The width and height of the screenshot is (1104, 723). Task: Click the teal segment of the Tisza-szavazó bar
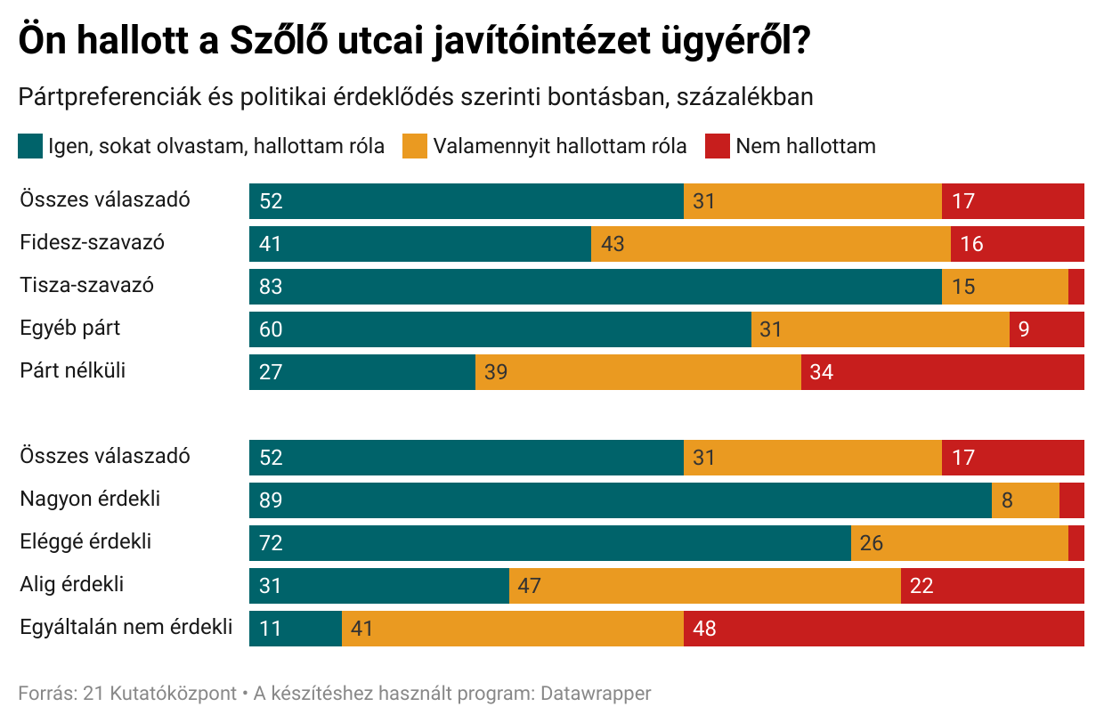click(595, 287)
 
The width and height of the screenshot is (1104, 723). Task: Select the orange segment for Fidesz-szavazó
click(770, 244)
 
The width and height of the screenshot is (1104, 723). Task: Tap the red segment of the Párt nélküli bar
click(942, 372)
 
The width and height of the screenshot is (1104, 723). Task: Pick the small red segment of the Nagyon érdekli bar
click(1072, 500)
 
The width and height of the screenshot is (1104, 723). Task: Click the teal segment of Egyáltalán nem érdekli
click(296, 629)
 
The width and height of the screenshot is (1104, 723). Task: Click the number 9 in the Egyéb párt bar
click(1024, 329)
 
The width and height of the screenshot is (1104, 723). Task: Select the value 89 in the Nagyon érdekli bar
click(271, 500)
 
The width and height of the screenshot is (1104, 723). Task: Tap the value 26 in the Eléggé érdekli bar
click(872, 543)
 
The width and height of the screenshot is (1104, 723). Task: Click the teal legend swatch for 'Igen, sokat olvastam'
click(30, 146)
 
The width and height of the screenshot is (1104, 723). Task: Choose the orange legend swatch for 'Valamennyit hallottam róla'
click(416, 146)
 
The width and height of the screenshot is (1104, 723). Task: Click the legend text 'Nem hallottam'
click(805, 146)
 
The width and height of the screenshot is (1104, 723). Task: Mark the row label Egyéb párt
click(70, 328)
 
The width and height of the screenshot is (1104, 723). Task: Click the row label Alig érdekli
click(71, 584)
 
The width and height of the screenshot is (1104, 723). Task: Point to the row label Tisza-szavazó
click(86, 285)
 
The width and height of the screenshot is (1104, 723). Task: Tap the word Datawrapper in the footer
click(596, 694)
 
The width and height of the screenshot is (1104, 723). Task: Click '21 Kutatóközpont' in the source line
click(159, 694)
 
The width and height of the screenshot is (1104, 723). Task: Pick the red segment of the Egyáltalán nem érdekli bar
click(883, 629)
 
